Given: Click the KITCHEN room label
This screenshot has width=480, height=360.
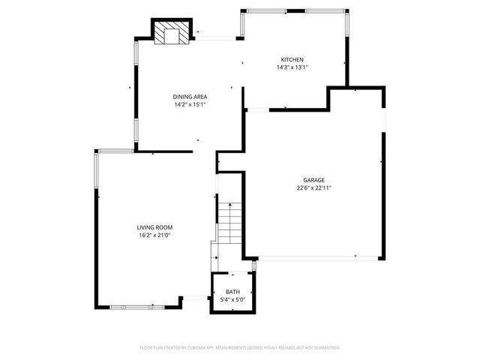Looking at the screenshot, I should pos(292,60).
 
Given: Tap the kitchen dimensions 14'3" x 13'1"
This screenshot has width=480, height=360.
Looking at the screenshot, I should pos(292,67).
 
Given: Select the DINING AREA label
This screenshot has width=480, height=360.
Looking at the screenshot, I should pos(190,97).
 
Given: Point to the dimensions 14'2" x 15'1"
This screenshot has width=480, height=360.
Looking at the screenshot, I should pos(190,104).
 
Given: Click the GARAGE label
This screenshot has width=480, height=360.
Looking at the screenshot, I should pos(313,181).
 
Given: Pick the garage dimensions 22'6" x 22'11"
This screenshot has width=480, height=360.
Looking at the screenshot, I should pos(313,188).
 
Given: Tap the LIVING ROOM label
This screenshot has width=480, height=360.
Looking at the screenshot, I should pos(155,227).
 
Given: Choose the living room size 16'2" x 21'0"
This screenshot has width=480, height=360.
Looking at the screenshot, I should pos(155,235).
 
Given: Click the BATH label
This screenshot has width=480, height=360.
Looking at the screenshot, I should pos(233,292).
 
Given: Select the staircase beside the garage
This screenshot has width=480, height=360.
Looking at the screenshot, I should pos(229,222).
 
